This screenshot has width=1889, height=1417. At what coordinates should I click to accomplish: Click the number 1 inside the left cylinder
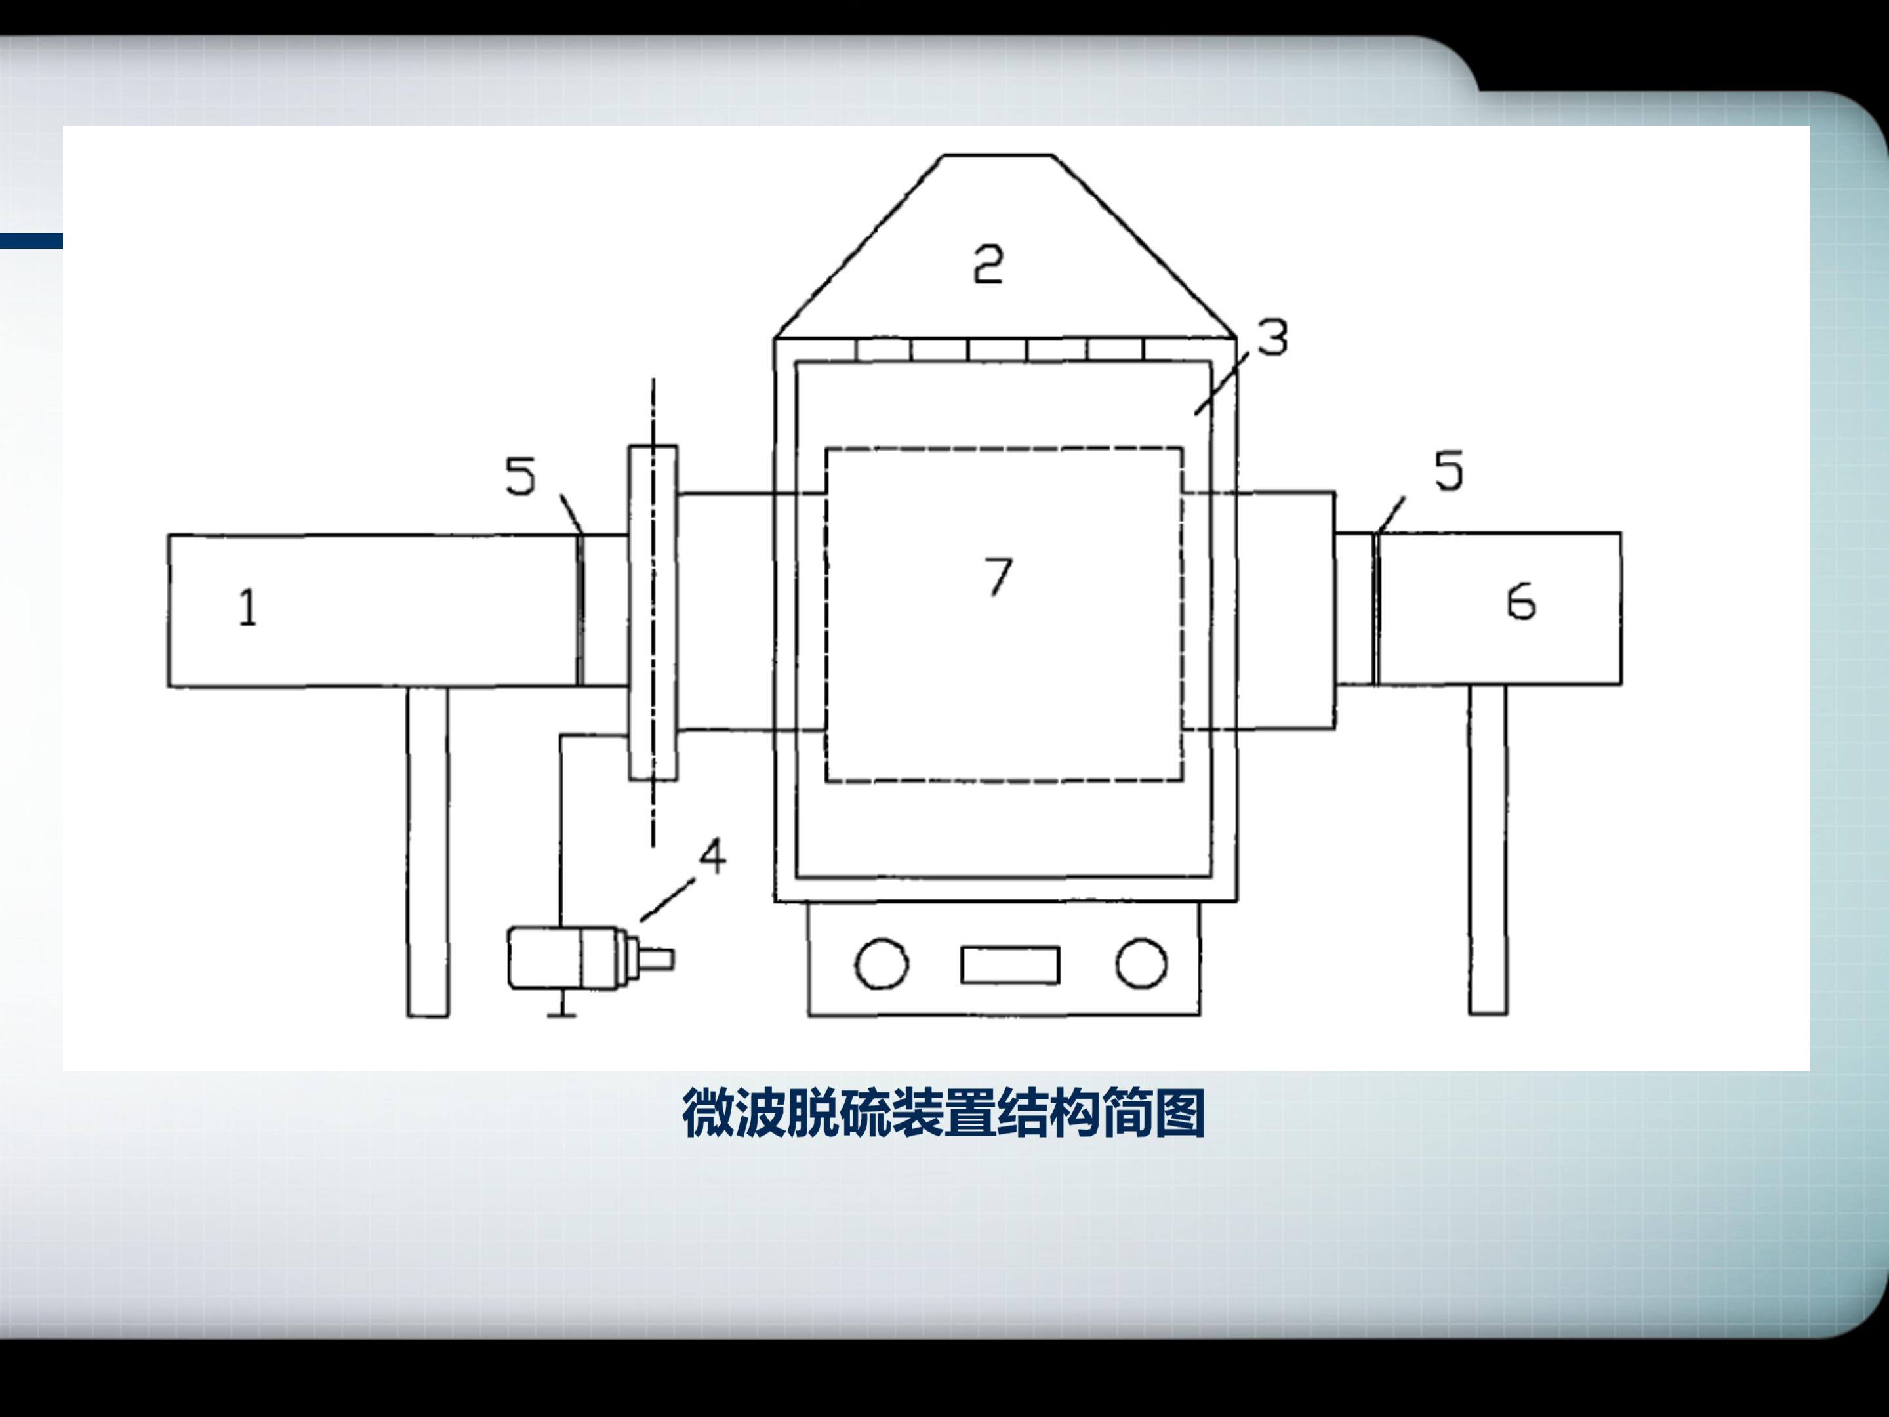tap(248, 608)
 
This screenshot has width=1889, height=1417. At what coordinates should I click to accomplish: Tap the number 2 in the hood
tap(988, 263)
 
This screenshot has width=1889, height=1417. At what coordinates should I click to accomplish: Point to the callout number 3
tap(1272, 337)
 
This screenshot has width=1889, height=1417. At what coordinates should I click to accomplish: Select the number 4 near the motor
tap(712, 856)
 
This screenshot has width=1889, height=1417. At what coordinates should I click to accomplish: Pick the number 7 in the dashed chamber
tap(998, 576)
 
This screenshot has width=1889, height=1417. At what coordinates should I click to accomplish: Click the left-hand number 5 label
tap(520, 476)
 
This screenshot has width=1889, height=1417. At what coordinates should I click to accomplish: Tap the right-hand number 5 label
tap(1448, 470)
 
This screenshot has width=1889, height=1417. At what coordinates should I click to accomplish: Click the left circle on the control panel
tap(880, 964)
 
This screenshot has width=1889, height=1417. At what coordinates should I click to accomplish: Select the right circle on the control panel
tap(1141, 964)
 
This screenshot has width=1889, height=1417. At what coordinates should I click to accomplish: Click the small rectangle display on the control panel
tap(1010, 965)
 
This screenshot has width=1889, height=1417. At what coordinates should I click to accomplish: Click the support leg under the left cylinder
tap(428, 852)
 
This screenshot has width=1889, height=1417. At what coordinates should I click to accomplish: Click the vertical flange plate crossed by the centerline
tap(653, 613)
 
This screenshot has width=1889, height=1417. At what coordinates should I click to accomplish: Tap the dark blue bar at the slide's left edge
tap(31, 241)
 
